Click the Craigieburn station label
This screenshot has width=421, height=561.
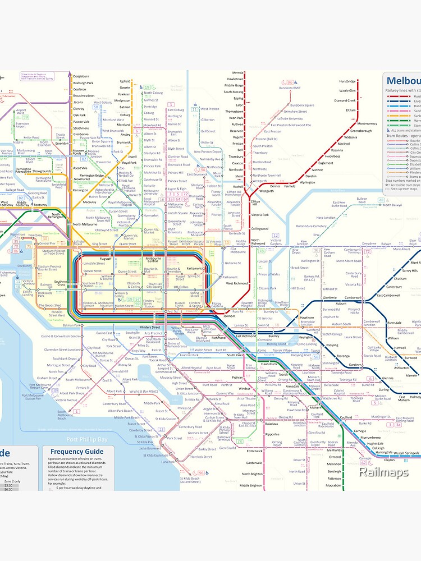point(81,76)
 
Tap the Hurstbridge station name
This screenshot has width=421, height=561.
point(347,81)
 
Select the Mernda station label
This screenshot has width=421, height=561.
point(237,73)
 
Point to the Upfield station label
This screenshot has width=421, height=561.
point(125,81)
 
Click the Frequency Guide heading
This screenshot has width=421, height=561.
point(77,451)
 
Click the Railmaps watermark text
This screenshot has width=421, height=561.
point(384,472)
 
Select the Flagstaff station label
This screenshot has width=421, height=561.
point(106,259)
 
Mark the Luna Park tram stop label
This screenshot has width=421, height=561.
point(168,462)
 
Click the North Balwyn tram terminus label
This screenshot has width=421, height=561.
point(392,205)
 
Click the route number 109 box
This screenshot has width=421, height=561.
point(54,390)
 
